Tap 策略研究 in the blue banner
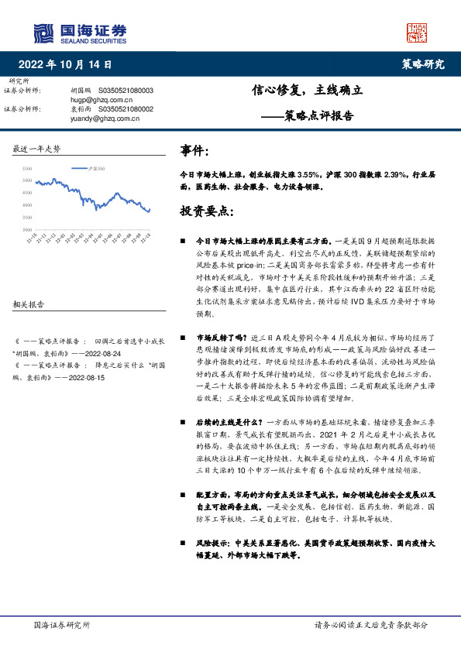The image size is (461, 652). point(422,64)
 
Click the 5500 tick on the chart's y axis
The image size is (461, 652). point(27,168)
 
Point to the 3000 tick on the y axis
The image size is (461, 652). point(27,230)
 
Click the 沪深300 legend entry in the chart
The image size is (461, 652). point(98,167)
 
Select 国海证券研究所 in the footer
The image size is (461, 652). point(63,624)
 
